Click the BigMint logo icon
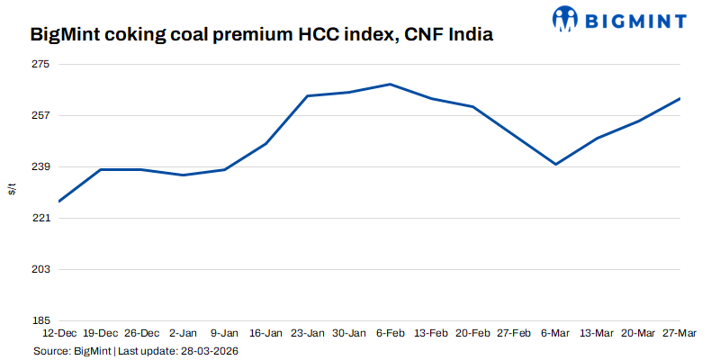click(x=565, y=17)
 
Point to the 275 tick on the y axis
click(x=40, y=65)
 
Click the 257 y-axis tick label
click(x=40, y=116)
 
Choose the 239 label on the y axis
click(x=40, y=167)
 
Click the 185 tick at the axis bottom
click(x=40, y=320)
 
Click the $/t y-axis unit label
click(x=12, y=189)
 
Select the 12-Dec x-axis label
click(x=59, y=333)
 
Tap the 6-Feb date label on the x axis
click(x=390, y=333)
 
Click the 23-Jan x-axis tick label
click(x=308, y=333)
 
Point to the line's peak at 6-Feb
click(x=390, y=85)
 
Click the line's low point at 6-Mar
click(x=556, y=164)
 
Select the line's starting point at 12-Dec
click(x=59, y=202)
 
